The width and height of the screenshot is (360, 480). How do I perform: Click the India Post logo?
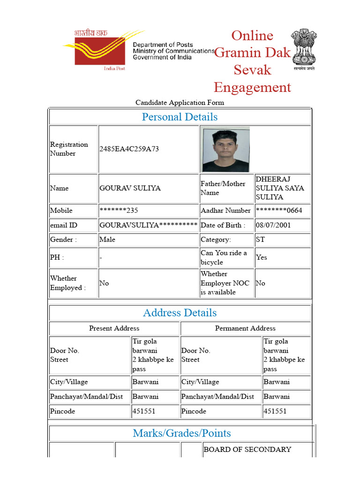tap(96, 50)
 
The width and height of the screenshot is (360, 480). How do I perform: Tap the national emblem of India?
tap(304, 49)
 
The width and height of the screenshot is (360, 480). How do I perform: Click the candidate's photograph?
tap(225, 150)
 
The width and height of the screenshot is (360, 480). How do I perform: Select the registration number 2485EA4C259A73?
tap(129, 149)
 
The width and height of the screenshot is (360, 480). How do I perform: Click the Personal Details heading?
tap(180, 117)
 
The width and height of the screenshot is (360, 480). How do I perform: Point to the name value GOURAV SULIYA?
tap(130, 188)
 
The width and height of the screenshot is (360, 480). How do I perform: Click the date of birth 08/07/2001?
tap(273, 225)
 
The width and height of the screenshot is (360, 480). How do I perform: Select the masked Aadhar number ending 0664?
tap(279, 210)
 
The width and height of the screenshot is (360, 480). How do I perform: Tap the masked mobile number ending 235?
tap(119, 210)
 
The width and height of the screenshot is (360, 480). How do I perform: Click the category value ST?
tap(260, 240)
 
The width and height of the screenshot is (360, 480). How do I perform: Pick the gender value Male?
tap(107, 240)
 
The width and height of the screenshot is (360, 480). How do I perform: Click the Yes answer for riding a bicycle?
tap(261, 257)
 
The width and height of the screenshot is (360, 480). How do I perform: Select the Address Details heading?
tap(180, 313)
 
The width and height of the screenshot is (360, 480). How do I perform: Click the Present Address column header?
tap(114, 328)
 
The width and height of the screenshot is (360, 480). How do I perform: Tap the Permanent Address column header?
tap(245, 328)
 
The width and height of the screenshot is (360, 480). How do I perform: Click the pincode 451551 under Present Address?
tap(143, 411)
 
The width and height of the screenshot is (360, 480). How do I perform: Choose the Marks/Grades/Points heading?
tap(181, 433)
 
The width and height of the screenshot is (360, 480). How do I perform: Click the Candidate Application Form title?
tap(180, 102)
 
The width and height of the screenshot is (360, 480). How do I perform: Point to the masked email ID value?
tap(148, 225)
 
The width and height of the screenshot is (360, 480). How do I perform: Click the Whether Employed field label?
tap(68, 283)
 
